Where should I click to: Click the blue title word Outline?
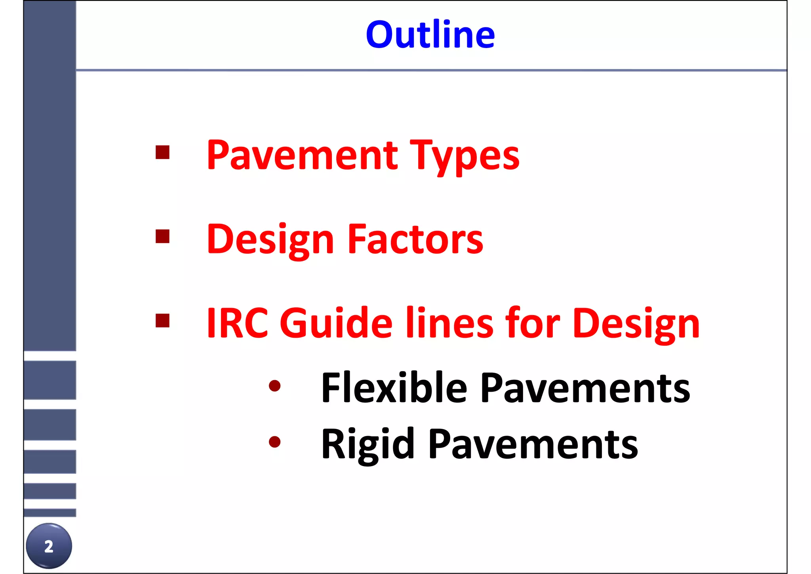[x=430, y=35]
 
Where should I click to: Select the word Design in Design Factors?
[x=270, y=240]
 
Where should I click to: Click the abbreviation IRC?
[x=237, y=323]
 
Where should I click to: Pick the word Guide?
[x=336, y=323]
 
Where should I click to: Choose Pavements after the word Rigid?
[x=533, y=445]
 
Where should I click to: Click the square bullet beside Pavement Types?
[x=162, y=152]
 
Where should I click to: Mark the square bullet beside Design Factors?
[x=162, y=236]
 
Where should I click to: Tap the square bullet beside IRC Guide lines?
[x=162, y=320]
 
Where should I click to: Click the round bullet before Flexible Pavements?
[x=274, y=386]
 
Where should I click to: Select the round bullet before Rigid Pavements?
[x=274, y=442]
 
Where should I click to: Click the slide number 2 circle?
[x=49, y=546]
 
